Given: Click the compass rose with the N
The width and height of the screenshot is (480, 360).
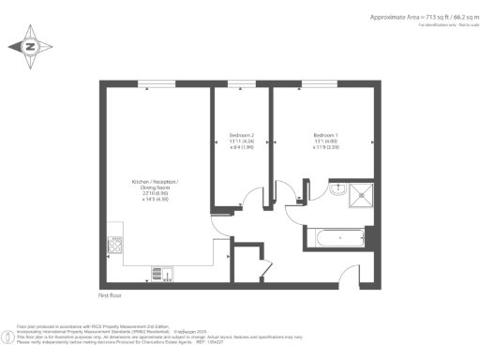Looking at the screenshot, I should click(30, 46).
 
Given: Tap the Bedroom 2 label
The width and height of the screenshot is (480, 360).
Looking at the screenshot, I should click(241, 135).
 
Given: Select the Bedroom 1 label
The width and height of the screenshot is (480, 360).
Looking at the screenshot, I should click(327, 135).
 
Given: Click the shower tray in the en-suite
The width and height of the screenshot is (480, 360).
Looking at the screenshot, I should click(360, 192).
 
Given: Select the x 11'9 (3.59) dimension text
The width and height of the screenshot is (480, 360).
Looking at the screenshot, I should click(327, 147).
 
